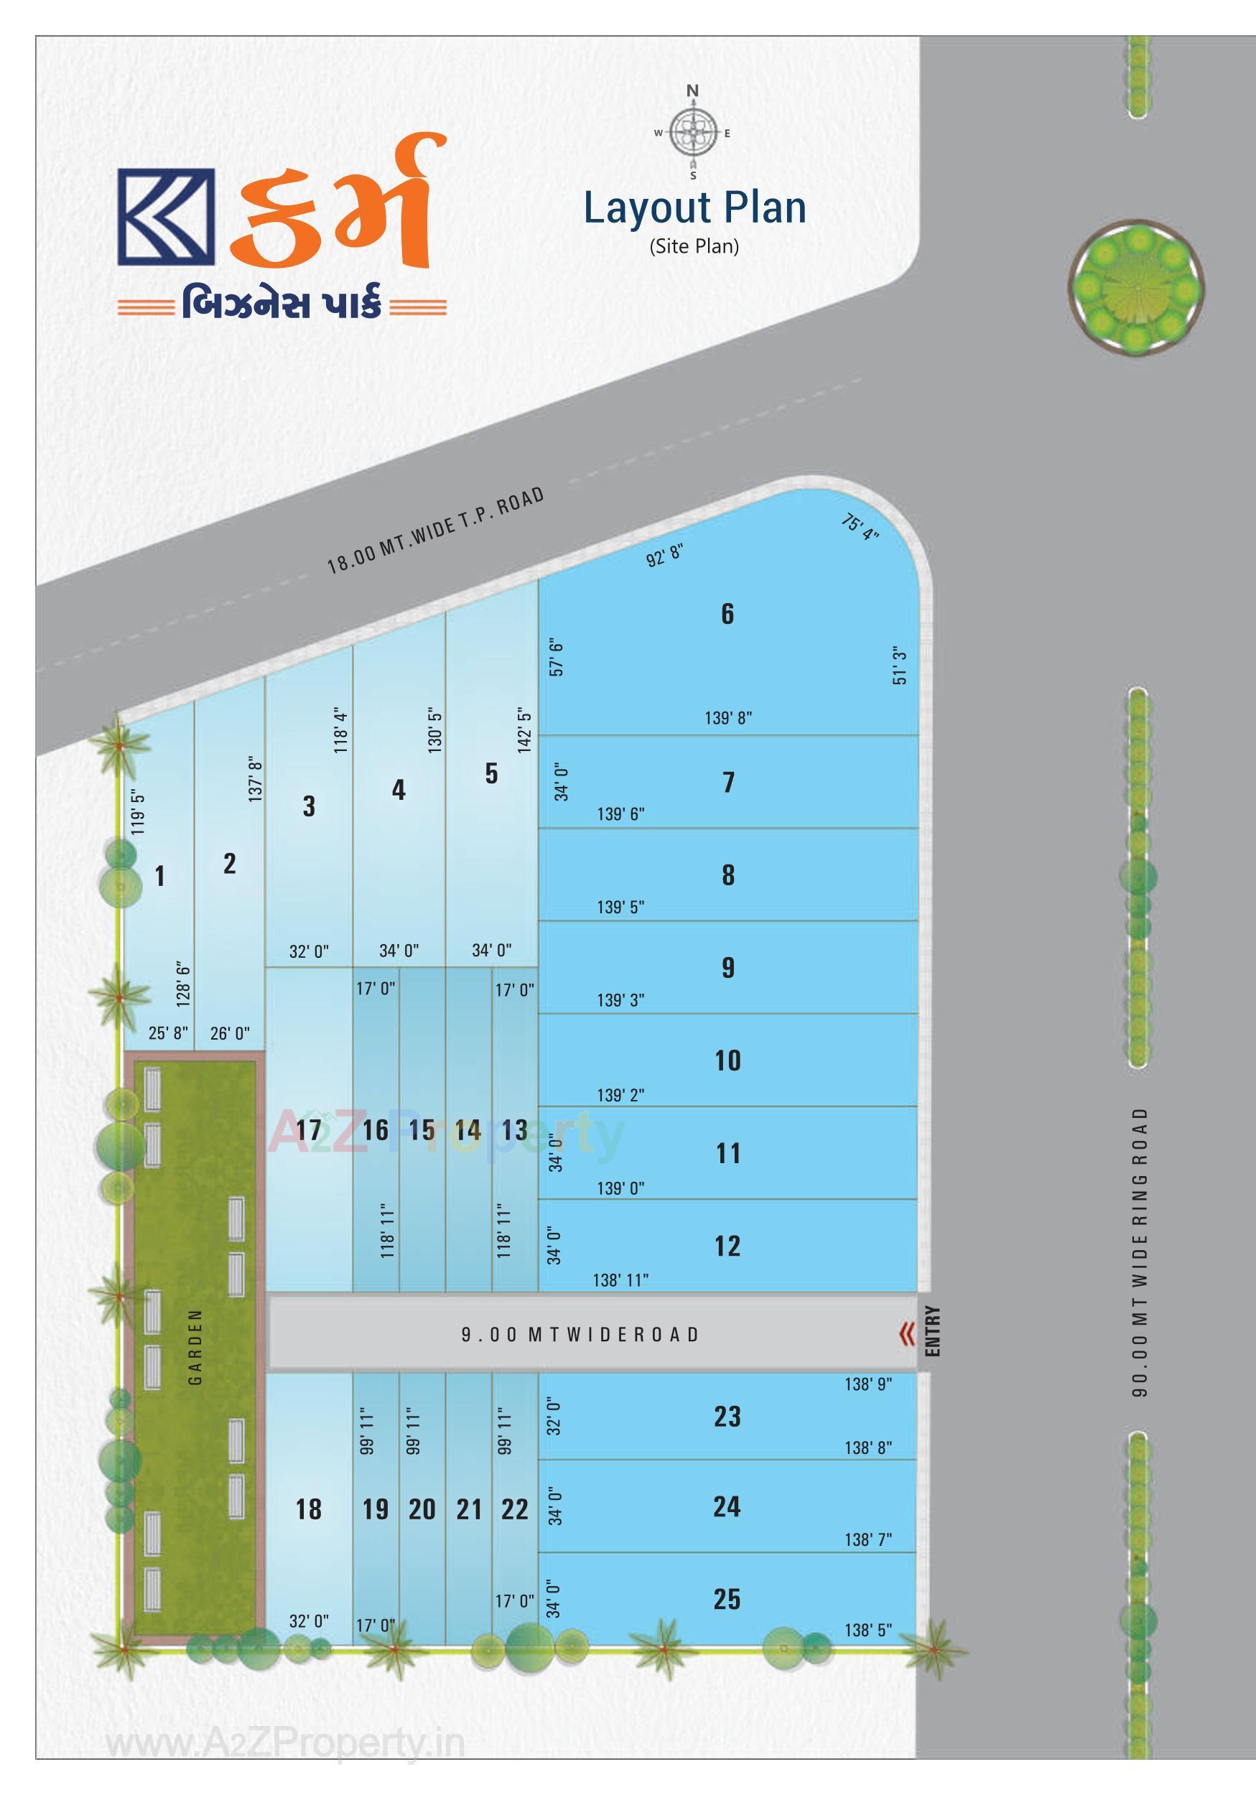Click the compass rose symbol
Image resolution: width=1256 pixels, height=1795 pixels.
coord(693,133)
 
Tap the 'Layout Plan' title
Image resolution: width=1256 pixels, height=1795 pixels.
coord(694,208)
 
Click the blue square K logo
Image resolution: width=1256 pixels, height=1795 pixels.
coord(166,217)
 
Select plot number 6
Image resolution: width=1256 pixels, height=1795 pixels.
coord(727,614)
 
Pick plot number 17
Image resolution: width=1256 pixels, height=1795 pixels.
coord(309,1129)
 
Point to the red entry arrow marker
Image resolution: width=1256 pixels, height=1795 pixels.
coord(906,1334)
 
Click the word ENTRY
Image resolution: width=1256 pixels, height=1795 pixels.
coord(932,1330)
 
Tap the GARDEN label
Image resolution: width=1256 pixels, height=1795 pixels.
coord(195,1347)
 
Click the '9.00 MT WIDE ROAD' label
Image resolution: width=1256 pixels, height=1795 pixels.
coord(580,1334)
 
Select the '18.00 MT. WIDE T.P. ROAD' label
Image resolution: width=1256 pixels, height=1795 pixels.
coord(435,531)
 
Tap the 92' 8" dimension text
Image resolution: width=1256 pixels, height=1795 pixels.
coord(665,555)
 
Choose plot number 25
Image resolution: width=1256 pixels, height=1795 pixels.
coord(727,1599)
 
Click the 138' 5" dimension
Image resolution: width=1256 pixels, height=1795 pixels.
coord(868,1630)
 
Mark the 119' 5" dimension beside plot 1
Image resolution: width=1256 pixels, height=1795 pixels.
coord(139,811)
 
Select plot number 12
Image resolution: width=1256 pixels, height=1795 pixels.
coord(727,1246)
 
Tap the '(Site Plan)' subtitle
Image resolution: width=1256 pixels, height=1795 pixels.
coord(694,246)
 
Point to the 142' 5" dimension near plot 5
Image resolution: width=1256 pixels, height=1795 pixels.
coord(524,730)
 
